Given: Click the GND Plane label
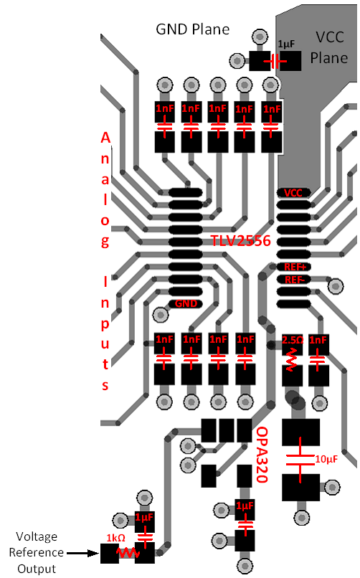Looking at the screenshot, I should point(193,29).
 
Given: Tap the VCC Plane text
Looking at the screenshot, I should point(328,47).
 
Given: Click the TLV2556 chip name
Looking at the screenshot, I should point(240,241).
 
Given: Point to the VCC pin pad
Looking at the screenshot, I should point(294,193).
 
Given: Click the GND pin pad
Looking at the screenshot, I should point(185,303).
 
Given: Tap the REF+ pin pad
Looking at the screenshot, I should point(294,267).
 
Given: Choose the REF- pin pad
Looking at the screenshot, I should point(294,279).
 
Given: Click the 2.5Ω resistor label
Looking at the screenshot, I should point(293,340).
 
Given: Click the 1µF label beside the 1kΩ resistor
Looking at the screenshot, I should point(145,518).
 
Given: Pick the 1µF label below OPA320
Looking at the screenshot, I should point(245,507).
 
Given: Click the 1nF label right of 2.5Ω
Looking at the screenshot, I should point(318,340).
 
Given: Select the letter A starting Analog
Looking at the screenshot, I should point(105,138).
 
